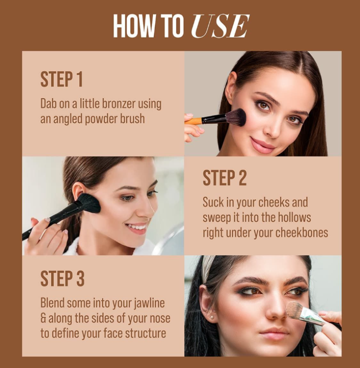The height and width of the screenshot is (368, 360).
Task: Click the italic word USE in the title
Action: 220,26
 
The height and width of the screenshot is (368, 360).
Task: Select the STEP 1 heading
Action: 62,79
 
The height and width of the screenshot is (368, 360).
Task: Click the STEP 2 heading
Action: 225,178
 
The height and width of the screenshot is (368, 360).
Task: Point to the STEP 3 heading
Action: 62,278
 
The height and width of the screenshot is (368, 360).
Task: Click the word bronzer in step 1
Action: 119,104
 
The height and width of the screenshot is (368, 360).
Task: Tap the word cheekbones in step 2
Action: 301,233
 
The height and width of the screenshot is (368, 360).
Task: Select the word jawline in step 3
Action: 149,303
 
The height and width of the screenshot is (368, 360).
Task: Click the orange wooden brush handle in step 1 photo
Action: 193,121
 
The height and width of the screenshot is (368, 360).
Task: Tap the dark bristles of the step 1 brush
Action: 236,117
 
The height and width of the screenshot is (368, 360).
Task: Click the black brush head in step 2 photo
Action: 89,203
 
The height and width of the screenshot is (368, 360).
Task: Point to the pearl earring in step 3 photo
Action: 212,317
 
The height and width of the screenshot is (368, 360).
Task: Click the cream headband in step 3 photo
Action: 207,268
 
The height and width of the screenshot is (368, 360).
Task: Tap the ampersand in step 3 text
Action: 43,318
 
